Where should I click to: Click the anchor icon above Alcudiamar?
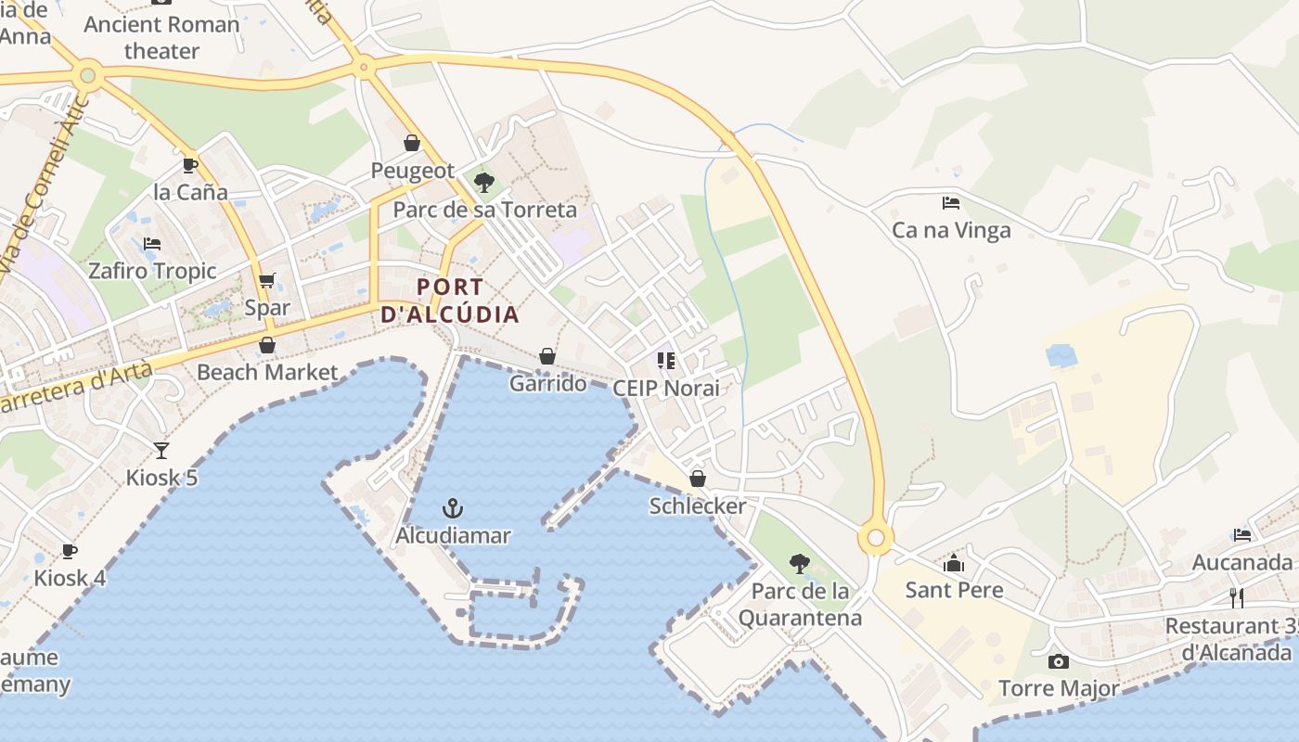(x=452, y=508)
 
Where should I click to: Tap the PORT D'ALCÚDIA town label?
(x=450, y=301)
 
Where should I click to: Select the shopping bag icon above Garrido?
(x=547, y=356)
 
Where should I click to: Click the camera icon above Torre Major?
(x=1058, y=661)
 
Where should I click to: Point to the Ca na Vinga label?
(x=951, y=230)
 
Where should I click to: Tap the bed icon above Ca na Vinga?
(x=951, y=202)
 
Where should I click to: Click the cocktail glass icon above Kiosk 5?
(x=161, y=451)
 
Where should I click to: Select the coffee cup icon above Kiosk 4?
(x=70, y=551)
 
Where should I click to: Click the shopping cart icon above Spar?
(x=267, y=280)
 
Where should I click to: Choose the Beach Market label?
(x=267, y=372)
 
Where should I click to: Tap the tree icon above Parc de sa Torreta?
(x=483, y=182)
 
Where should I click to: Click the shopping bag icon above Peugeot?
(x=412, y=143)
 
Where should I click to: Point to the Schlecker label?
(x=697, y=505)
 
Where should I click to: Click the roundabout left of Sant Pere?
(x=875, y=537)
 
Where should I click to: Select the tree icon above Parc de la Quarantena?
(x=799, y=563)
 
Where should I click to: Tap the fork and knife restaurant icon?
(x=1236, y=597)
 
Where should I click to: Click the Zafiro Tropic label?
(x=152, y=271)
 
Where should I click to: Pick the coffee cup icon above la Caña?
(x=190, y=165)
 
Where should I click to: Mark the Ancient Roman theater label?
(x=161, y=37)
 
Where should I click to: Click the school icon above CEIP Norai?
(x=665, y=360)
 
